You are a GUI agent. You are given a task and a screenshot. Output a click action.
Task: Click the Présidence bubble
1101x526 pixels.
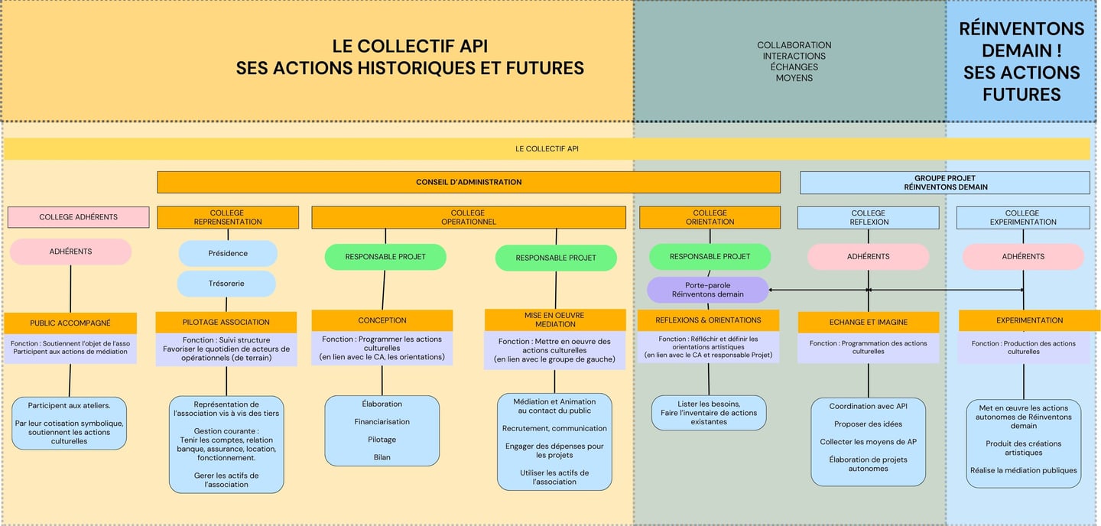(228, 253)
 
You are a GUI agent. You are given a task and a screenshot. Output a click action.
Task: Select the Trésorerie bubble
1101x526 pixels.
(226, 284)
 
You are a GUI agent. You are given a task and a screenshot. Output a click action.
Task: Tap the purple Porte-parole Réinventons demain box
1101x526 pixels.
(707, 290)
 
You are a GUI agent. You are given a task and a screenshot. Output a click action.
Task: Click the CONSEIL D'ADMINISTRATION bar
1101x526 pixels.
(469, 182)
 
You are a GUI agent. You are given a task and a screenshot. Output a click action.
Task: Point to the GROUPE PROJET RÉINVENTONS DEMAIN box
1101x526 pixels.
(945, 183)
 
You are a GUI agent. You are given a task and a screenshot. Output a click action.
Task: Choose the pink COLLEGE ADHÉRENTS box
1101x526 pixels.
(78, 217)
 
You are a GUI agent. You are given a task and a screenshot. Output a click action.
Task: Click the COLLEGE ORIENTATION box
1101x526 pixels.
(710, 217)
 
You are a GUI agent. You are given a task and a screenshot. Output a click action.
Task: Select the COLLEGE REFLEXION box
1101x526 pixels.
(868, 217)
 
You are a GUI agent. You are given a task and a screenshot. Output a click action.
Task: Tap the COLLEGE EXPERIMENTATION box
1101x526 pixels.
(1022, 217)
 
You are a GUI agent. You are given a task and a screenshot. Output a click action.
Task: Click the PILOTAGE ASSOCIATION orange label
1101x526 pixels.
(226, 322)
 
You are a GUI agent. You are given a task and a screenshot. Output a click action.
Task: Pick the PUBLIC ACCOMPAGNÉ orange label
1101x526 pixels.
(70, 323)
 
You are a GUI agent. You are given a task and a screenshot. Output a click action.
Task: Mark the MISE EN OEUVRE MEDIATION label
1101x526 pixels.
(555, 319)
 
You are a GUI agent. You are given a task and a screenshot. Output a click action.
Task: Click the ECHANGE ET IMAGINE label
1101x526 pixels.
(868, 323)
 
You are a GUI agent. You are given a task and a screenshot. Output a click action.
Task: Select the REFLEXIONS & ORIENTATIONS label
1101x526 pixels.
(708, 320)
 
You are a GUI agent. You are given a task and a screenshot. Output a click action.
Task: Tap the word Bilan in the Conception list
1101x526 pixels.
(382, 457)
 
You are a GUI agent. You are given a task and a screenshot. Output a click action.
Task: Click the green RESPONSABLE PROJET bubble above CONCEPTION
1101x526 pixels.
(385, 257)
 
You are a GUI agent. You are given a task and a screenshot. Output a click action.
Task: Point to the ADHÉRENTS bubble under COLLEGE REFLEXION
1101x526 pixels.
(868, 257)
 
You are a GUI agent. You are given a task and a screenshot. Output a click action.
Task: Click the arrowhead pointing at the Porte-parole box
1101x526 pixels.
(771, 290)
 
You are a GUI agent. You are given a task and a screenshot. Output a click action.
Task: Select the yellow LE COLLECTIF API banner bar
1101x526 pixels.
(547, 148)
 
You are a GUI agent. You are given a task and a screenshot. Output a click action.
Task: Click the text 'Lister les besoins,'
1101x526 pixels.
(709, 404)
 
